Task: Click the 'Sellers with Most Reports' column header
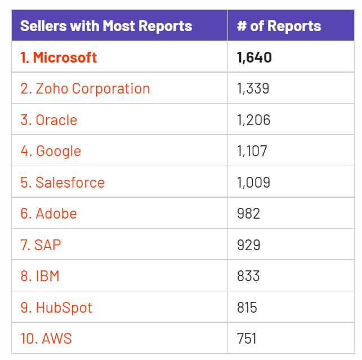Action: [106, 26]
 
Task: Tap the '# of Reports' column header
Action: [279, 26]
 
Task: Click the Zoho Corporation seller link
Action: [85, 89]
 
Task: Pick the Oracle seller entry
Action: [49, 120]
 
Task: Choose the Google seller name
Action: [51, 151]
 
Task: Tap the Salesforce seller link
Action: [62, 183]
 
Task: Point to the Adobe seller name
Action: [48, 214]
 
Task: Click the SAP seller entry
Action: [41, 245]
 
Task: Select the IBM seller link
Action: [40, 276]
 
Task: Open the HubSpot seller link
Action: [56, 308]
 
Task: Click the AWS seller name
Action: [46, 339]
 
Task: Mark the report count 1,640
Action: [254, 57]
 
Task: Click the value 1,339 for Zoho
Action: [253, 89]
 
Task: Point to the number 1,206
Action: [254, 120]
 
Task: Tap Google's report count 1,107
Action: [252, 151]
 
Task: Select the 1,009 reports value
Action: [254, 183]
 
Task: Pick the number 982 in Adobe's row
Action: [249, 214]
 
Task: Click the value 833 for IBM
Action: [249, 276]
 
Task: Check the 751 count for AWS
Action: [247, 339]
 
